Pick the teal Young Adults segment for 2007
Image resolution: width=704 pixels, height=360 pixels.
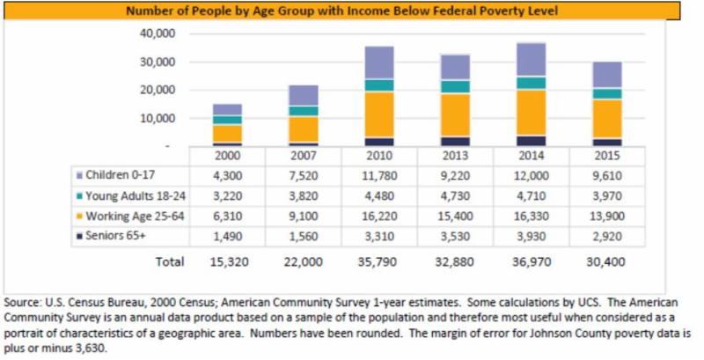coord(304,111)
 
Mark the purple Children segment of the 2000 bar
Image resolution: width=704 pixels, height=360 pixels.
coord(227,109)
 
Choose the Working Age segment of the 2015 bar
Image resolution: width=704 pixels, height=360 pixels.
coord(607,119)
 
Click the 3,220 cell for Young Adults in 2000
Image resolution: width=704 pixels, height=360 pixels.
coord(227,195)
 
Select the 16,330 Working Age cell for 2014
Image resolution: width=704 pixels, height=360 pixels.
coord(531,216)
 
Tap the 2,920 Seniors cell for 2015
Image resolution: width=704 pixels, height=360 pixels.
coord(607,236)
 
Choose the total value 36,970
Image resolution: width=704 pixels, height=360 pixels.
coord(531,261)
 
